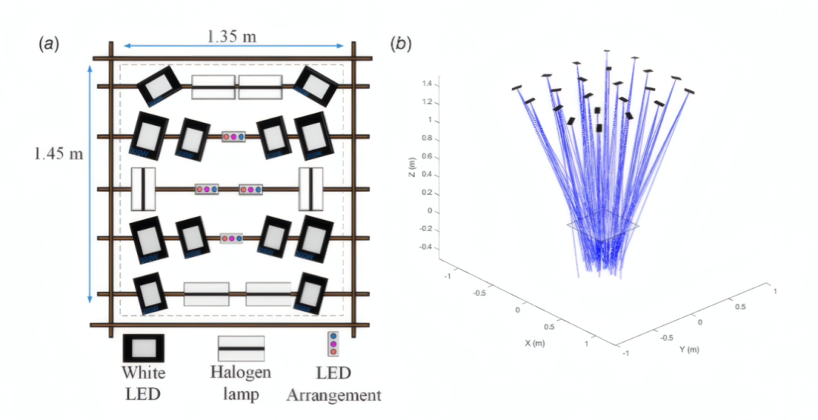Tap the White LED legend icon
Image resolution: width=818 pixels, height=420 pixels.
tap(143, 348)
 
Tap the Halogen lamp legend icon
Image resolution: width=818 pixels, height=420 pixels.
tap(241, 348)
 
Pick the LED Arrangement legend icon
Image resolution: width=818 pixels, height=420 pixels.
tap(333, 343)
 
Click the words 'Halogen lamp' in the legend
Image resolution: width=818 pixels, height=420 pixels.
tap(240, 383)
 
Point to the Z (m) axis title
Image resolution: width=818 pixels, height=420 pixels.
tap(411, 174)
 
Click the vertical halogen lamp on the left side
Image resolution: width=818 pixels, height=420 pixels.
tap(143, 188)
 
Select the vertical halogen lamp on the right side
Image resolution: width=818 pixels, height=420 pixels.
tap(311, 188)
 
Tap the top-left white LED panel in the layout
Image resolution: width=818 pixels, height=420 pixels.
tap(158, 86)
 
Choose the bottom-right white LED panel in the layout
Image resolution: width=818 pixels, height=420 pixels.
tap(311, 293)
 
